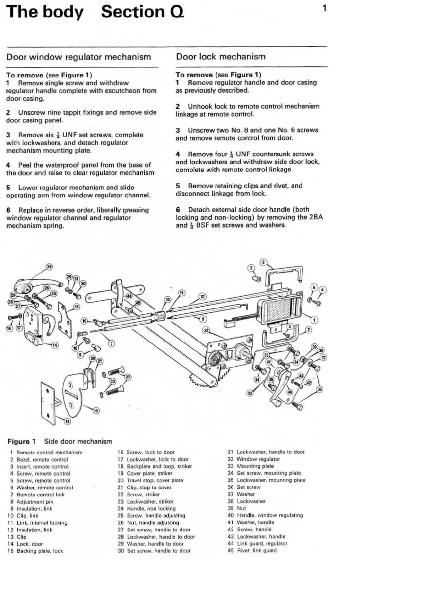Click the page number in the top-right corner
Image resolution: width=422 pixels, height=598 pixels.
(324, 8)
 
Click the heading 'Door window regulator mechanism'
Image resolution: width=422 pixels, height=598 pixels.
(79, 57)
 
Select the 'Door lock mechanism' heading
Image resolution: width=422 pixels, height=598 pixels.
(221, 56)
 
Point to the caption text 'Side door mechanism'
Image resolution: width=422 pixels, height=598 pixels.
(78, 441)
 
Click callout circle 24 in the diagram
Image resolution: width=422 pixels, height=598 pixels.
(49, 267)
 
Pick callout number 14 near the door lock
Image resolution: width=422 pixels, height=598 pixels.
(55, 345)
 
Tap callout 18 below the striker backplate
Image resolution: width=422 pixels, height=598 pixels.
(67, 421)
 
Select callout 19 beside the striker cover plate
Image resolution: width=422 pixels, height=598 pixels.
(96, 411)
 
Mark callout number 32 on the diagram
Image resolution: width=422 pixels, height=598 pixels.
(206, 330)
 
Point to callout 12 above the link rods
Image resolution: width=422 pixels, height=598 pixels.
(202, 297)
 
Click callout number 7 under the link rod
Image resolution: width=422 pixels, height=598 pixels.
(111, 344)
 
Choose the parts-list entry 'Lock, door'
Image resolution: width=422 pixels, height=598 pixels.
(30, 544)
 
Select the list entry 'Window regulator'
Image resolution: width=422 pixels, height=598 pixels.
(258, 459)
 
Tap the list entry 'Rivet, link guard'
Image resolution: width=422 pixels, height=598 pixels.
(257, 550)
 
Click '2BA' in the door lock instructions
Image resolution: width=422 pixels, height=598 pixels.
(316, 217)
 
